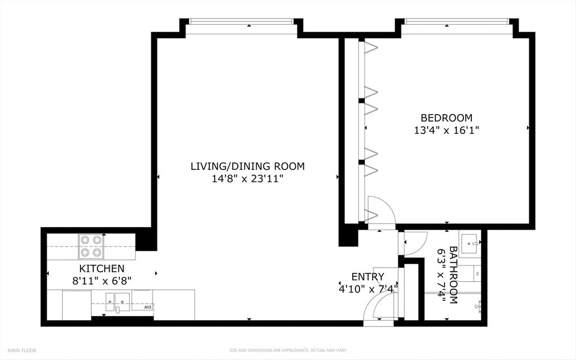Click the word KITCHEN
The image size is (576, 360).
102,268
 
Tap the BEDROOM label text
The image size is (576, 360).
446,118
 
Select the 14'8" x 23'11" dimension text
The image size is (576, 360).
247,179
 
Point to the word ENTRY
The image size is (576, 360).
368,277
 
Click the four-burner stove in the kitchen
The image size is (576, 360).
91,246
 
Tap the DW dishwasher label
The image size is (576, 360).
148,307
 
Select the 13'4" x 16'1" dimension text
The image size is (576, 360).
447,130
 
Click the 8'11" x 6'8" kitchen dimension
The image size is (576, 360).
102,281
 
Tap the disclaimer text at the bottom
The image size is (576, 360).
287,350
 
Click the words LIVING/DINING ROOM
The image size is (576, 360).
247,166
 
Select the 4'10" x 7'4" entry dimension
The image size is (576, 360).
367,289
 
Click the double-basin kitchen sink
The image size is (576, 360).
118,302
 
